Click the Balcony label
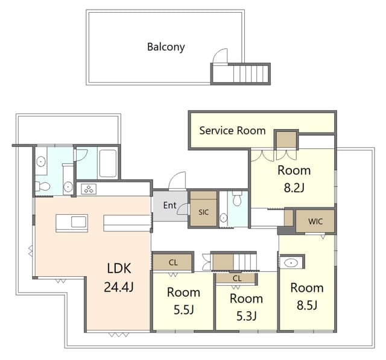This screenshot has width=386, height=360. pyautogui.click(x=166, y=46)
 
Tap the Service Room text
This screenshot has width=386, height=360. pyautogui.click(x=232, y=130)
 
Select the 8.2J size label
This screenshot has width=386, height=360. pyautogui.click(x=294, y=188)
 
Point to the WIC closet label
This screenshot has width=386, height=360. pyautogui.click(x=315, y=221)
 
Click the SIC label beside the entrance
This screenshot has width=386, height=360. pyautogui.click(x=203, y=212)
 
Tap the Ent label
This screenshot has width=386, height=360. pyautogui.click(x=169, y=206)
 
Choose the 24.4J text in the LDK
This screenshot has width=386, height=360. pyautogui.click(x=118, y=287)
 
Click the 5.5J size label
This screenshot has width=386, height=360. pyautogui.click(x=183, y=311)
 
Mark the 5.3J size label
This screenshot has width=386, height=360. pyautogui.click(x=246, y=316)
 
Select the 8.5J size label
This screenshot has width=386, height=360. pyautogui.click(x=307, y=305)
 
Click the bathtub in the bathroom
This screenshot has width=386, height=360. pyautogui.click(x=107, y=162)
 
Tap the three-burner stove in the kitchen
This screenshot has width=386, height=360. pyautogui.click(x=89, y=189)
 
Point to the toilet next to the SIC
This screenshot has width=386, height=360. pyautogui.click(x=238, y=198)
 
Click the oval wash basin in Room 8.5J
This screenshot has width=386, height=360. pyautogui.click(x=292, y=263)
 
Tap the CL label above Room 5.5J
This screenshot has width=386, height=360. pyautogui.click(x=173, y=262)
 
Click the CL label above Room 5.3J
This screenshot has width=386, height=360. pyautogui.click(x=236, y=279)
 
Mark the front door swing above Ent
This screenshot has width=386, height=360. pyautogui.click(x=179, y=181)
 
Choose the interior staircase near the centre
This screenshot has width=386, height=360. pyautogui.click(x=244, y=262)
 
